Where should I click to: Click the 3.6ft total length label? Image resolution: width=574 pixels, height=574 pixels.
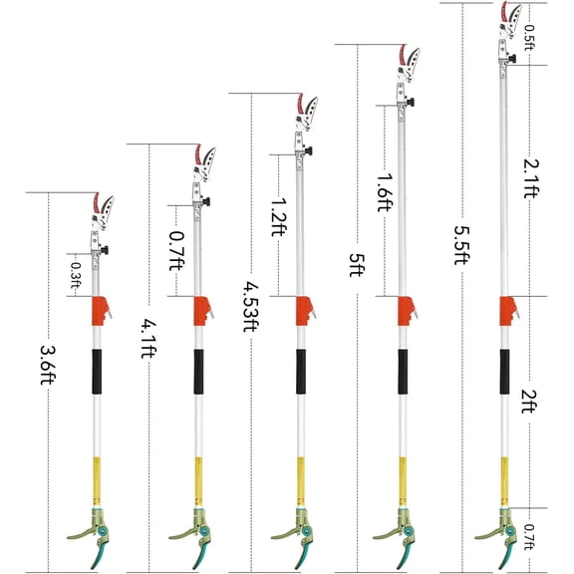(x=48, y=365)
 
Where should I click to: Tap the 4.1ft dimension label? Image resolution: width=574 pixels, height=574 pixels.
(x=149, y=338)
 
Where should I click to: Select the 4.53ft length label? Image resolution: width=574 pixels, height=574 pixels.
(x=251, y=306)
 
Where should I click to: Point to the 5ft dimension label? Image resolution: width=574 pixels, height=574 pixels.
(x=357, y=265)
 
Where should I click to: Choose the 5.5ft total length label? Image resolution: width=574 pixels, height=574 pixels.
(x=462, y=245)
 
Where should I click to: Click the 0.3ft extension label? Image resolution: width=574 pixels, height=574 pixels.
(x=76, y=275)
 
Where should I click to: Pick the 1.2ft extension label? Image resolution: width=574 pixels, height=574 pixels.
(x=279, y=217)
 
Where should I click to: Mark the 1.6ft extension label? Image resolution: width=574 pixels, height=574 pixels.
(x=385, y=192)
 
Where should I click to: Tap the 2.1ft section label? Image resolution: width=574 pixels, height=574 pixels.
(x=531, y=178)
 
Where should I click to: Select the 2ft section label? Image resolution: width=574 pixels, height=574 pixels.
(x=529, y=402)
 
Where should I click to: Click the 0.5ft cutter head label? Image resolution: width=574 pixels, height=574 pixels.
(x=529, y=37)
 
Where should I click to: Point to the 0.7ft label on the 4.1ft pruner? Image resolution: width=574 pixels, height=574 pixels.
(x=176, y=251)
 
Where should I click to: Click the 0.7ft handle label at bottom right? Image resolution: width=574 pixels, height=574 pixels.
(x=529, y=537)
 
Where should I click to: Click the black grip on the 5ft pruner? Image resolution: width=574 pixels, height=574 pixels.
(x=403, y=372)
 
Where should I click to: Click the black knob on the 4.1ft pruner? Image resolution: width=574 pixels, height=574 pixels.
(x=207, y=201)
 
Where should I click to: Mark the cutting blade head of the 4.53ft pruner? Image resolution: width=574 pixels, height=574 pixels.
(x=307, y=112)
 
